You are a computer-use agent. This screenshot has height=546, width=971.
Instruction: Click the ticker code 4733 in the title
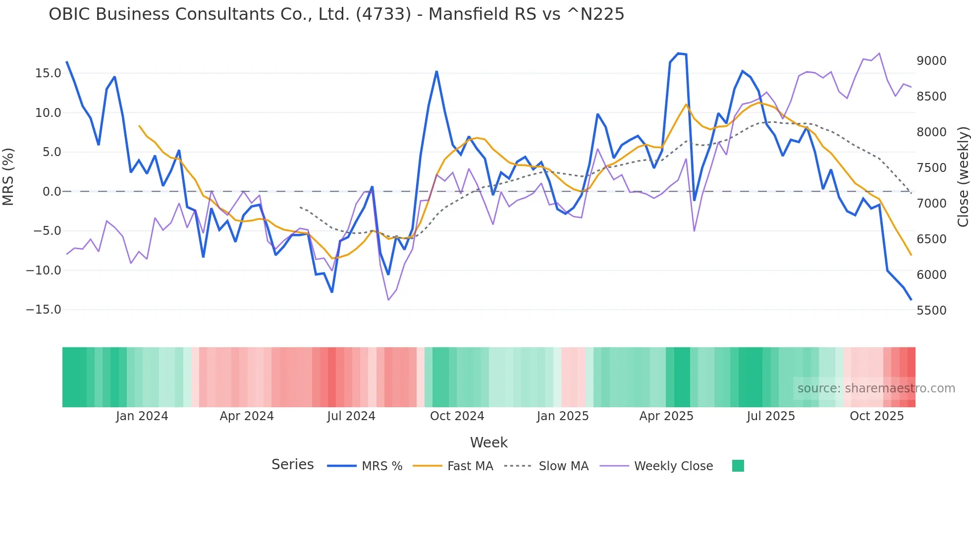tap(383, 14)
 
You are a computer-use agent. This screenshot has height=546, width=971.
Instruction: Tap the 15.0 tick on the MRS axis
tap(48, 73)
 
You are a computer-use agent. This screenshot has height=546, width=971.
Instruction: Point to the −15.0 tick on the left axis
tap(44, 310)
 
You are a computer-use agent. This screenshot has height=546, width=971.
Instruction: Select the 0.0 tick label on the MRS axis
tap(52, 192)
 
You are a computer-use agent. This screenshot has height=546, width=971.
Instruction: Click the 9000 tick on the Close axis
tap(931, 61)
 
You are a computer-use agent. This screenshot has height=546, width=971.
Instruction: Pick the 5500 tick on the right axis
tap(931, 311)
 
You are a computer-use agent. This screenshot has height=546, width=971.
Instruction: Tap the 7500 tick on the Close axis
tap(931, 168)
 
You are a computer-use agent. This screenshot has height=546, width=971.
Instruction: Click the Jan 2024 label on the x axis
tap(142, 416)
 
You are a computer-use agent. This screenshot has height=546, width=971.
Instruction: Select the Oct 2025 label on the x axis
tap(876, 416)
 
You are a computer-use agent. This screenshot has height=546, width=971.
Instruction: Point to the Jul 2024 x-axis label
tap(351, 416)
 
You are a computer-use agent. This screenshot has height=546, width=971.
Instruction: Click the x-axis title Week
tap(488, 442)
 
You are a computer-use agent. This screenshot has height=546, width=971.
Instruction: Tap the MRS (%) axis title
tap(8, 177)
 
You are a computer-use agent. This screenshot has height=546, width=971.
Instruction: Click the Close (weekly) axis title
tap(963, 177)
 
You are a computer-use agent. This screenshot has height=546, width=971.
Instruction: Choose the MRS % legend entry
tap(381, 466)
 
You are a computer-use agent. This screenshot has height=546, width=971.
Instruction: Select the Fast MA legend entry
tap(470, 466)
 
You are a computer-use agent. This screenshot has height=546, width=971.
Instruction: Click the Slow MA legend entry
tap(563, 466)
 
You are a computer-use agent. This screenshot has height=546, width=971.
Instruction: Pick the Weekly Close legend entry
tap(673, 466)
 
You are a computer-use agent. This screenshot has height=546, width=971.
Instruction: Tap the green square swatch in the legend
tap(738, 466)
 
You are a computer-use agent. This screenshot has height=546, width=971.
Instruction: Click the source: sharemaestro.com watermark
tap(876, 388)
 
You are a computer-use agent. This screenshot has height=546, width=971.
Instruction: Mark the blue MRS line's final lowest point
tap(911, 299)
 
